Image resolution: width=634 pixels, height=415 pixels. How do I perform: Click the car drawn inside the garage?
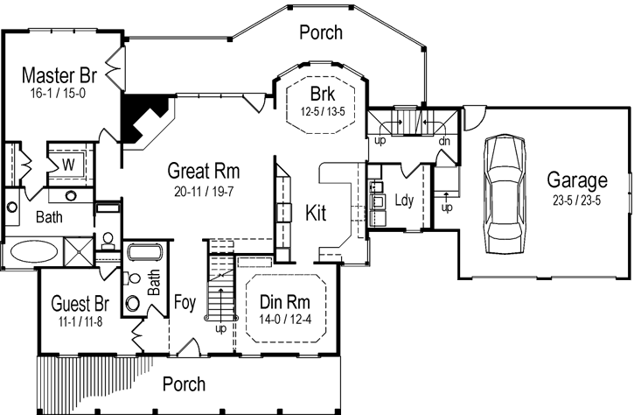[x=505, y=192]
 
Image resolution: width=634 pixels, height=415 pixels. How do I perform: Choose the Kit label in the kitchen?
[x=316, y=213]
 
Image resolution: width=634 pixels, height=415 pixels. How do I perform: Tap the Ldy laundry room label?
[x=403, y=200]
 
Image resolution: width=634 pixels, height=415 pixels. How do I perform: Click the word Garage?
[x=576, y=180]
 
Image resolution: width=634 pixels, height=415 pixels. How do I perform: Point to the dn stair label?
[x=443, y=140]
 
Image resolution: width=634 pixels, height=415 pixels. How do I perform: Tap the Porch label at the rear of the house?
[x=321, y=33]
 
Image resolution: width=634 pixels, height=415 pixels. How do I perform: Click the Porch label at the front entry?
[x=185, y=383]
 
